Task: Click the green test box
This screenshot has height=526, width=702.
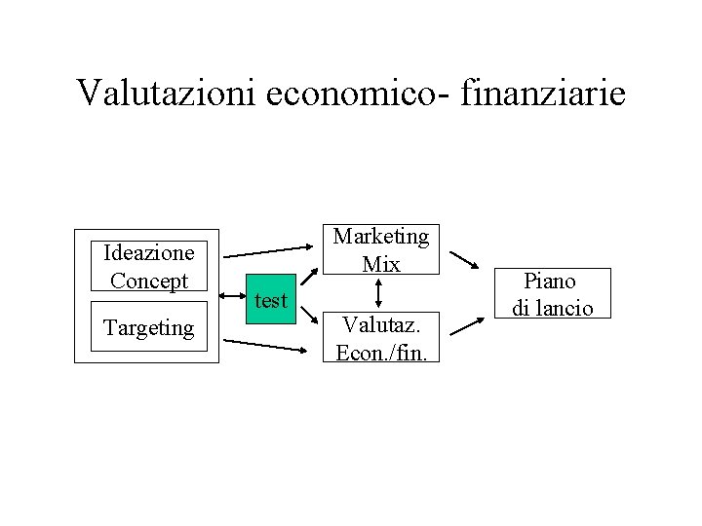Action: tap(270, 301)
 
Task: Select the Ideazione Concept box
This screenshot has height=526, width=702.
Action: tap(149, 267)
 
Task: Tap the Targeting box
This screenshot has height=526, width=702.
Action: tap(149, 328)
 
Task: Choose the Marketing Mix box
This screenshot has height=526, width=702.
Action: tap(381, 249)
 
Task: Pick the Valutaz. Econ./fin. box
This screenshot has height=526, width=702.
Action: tap(381, 336)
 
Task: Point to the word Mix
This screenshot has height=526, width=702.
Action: tap(381, 264)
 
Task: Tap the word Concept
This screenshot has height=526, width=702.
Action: tap(149, 282)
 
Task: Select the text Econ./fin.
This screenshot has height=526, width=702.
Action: tap(381, 351)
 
